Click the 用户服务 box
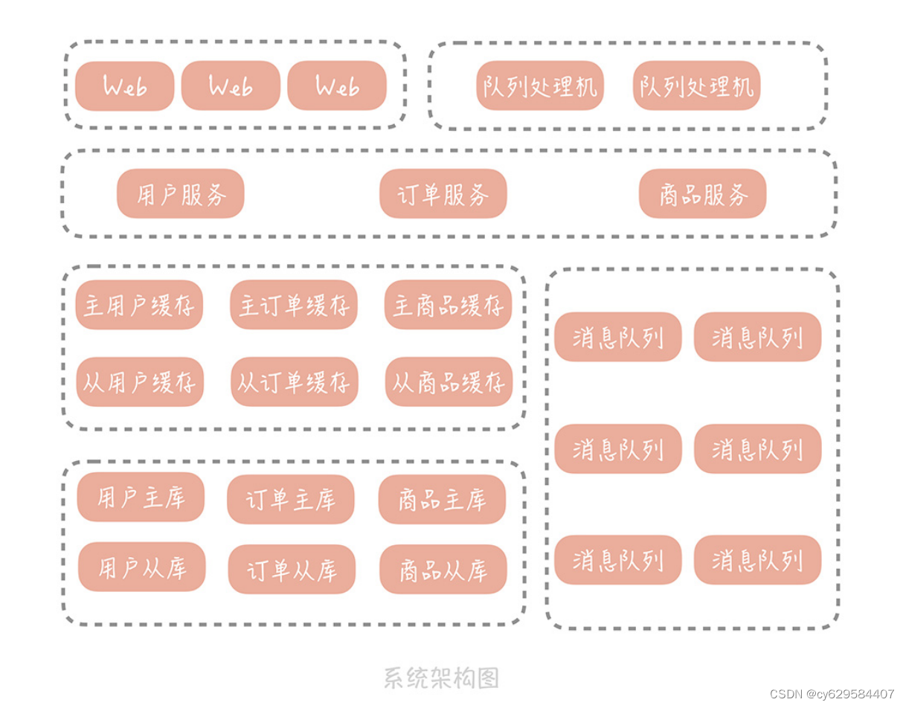180,194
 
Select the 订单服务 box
443,194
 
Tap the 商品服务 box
702,194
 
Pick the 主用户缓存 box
139,305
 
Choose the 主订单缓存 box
293,305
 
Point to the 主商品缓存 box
448,305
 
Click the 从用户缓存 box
139,382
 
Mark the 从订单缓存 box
294,382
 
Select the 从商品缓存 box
449,382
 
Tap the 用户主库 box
140,497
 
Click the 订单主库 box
290,499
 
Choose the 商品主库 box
442,499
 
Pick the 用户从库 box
141,567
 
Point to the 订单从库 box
292,570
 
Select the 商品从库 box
443,570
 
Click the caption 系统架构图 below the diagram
441,678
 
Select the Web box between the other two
231,86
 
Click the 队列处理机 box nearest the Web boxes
539,86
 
